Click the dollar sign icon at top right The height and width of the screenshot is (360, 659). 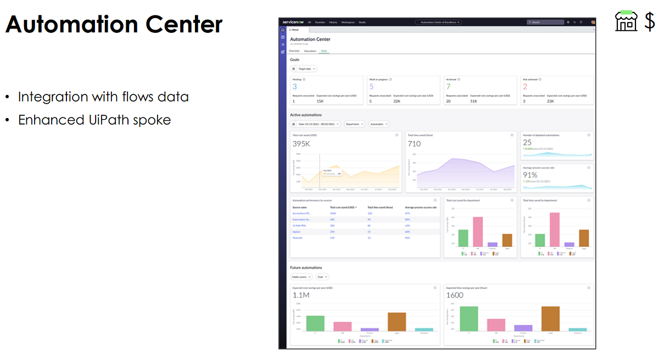(x=650, y=22)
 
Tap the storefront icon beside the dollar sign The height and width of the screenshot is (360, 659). (x=626, y=22)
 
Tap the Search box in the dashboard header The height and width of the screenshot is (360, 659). (x=545, y=22)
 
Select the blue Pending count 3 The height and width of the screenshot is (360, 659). (x=295, y=87)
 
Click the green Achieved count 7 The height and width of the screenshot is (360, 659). (x=448, y=87)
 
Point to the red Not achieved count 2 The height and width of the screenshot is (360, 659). (x=525, y=87)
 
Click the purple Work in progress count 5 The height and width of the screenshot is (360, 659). (x=371, y=87)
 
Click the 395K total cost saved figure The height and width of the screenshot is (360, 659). (x=301, y=144)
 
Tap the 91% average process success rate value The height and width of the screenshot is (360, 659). (x=530, y=175)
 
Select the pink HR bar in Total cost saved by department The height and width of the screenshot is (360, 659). (x=478, y=232)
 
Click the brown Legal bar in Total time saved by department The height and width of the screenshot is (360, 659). (x=584, y=238)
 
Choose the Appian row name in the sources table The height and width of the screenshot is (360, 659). (x=297, y=232)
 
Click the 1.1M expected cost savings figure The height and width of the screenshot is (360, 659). (x=301, y=295)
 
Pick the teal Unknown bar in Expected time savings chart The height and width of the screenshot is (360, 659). (x=578, y=329)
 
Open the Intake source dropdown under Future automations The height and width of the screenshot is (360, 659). (x=301, y=277)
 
